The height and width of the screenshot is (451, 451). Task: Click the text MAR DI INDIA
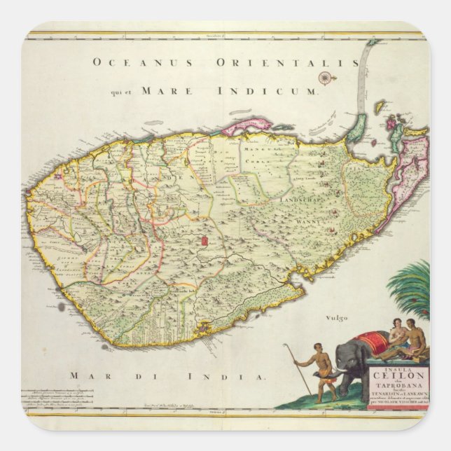pyautogui.click(x=168, y=376)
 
